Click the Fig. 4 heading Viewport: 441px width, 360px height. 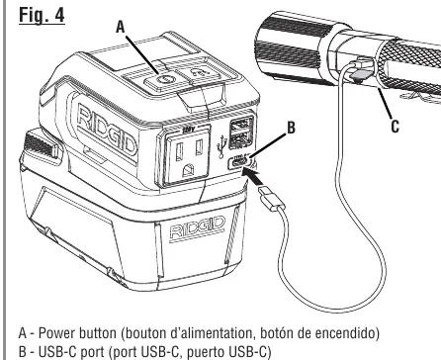42,15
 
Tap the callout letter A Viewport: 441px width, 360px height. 121,27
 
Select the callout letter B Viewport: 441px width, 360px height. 291,128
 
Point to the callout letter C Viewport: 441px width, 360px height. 396,126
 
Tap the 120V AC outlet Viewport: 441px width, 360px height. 188,154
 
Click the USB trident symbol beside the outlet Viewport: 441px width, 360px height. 221,147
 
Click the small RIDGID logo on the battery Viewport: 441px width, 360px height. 197,228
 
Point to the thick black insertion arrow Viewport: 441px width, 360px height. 253,178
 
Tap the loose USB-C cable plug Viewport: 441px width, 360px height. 272,199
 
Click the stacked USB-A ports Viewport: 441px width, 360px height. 241,132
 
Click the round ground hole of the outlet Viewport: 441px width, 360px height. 188,170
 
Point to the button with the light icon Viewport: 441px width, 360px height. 198,74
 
